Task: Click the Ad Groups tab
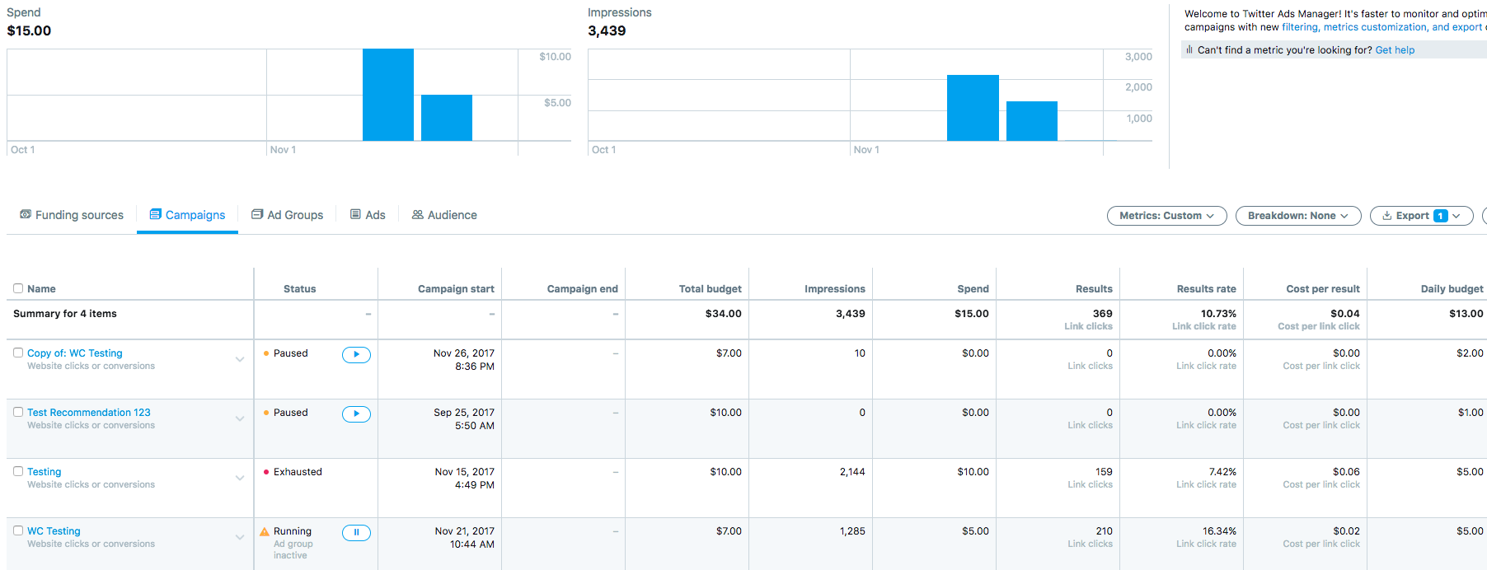click(287, 215)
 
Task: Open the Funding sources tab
click(72, 215)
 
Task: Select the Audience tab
click(444, 215)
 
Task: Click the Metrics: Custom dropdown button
click(1166, 216)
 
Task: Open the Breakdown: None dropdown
click(1297, 216)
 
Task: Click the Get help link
click(1395, 50)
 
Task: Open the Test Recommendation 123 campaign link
click(89, 413)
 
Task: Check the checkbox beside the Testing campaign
click(18, 471)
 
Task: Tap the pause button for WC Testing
click(356, 532)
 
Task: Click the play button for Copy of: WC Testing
click(356, 354)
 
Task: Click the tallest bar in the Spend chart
click(388, 95)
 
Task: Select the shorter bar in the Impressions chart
click(1031, 121)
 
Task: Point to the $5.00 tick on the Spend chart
click(557, 103)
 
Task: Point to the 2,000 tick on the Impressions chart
click(1138, 87)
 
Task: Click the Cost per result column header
click(1322, 289)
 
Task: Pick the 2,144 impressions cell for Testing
click(852, 472)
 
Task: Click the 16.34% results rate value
click(1219, 531)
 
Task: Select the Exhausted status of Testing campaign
click(298, 472)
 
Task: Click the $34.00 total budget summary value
click(723, 314)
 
